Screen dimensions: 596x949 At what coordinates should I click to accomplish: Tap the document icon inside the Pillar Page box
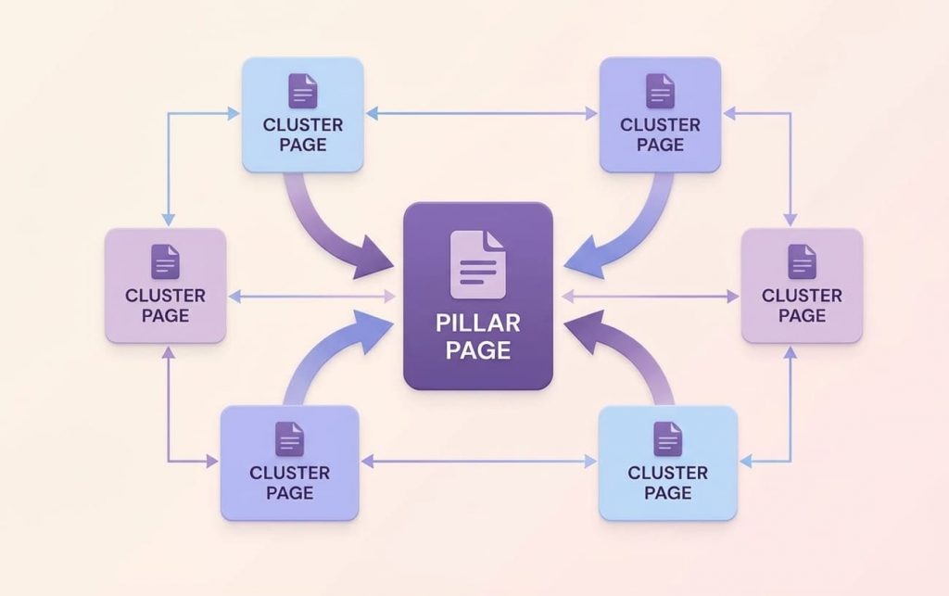(478, 264)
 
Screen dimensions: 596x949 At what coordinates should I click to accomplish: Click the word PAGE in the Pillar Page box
(478, 350)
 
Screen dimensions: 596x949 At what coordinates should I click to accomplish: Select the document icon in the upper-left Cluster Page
(303, 91)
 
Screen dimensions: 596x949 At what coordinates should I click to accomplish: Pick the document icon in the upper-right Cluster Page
(660, 91)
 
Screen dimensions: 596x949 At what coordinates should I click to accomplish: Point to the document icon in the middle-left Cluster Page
(165, 261)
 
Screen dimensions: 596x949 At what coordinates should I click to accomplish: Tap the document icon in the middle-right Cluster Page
(802, 261)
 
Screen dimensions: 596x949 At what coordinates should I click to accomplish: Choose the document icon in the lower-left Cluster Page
(289, 438)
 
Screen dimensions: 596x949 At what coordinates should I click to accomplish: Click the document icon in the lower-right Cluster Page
(667, 438)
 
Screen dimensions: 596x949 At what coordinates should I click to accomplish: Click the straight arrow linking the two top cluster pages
(481, 114)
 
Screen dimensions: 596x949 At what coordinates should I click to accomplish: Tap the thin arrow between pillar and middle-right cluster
(649, 297)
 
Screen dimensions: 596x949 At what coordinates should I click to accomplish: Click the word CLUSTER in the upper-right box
(660, 125)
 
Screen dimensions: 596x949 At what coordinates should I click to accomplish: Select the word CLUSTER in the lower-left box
(289, 473)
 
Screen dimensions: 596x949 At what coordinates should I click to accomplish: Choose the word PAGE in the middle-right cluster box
(802, 316)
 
